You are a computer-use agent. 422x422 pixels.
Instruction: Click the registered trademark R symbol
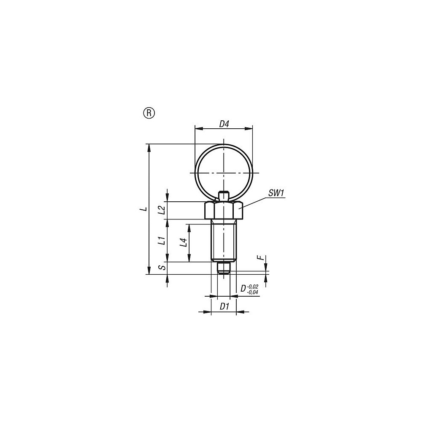click(x=149, y=113)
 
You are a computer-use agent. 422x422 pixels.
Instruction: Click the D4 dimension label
click(x=224, y=124)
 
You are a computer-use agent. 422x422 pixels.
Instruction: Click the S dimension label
click(x=161, y=267)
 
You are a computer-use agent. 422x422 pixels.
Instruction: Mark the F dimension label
click(x=260, y=257)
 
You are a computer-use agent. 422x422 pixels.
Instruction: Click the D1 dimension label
click(x=224, y=306)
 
